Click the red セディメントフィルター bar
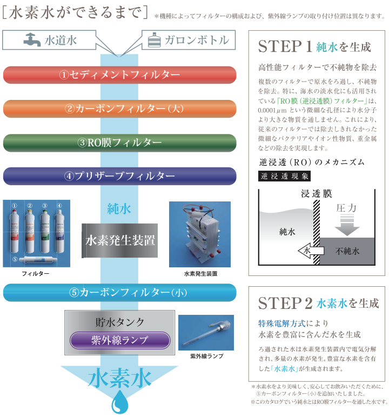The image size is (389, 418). pyautogui.click(x=119, y=75)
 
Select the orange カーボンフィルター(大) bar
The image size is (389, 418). pyautogui.click(x=119, y=109)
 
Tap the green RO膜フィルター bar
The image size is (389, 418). pyautogui.click(x=119, y=143)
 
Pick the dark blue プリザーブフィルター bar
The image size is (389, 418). pyautogui.click(x=119, y=176)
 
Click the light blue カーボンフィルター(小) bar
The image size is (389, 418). pyautogui.click(x=119, y=293)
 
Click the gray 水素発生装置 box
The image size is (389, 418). pyautogui.click(x=120, y=240)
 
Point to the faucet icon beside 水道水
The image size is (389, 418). pyautogui.click(x=32, y=40)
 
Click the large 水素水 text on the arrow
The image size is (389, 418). pyautogui.click(x=120, y=378)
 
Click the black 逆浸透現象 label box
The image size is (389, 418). pyautogui.click(x=284, y=176)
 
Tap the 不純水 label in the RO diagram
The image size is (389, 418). pyautogui.click(x=347, y=251)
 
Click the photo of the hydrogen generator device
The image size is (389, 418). pyautogui.click(x=199, y=234)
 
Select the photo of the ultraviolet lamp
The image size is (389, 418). pyautogui.click(x=206, y=333)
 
